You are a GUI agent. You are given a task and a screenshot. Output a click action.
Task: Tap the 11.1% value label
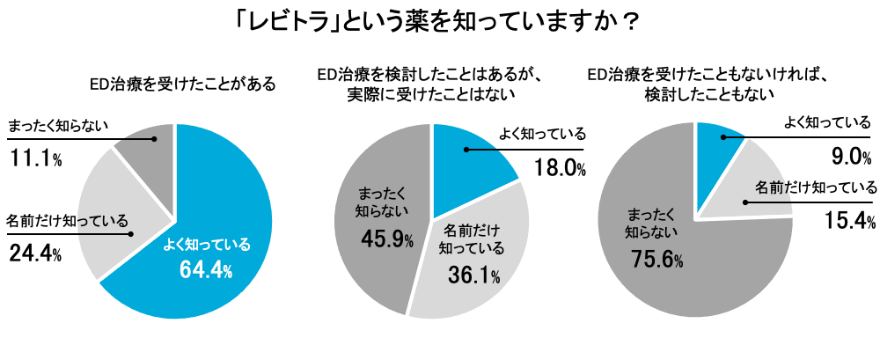[x=35, y=159]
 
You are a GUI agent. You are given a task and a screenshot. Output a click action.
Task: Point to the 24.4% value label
[x=35, y=254]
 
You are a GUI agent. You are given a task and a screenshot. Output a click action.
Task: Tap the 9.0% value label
[x=852, y=158]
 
